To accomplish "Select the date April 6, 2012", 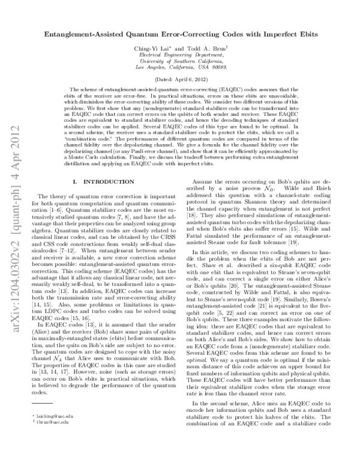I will [188, 80].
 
